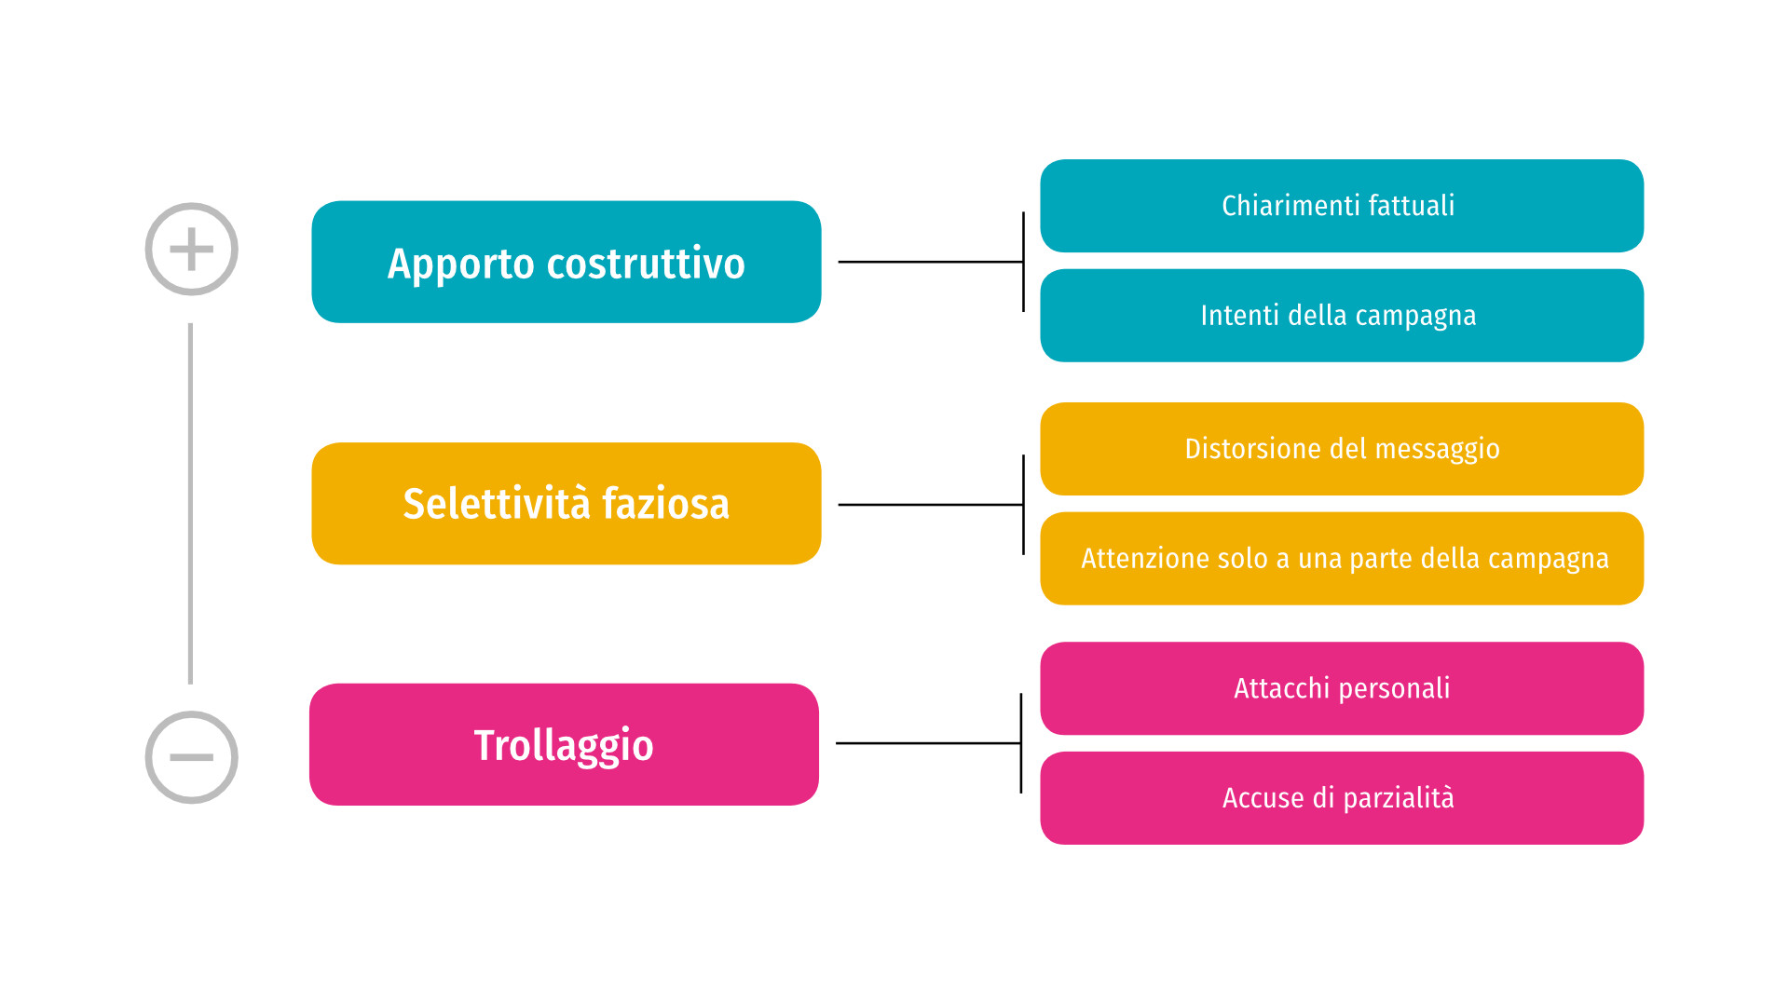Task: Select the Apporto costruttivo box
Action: coord(567,262)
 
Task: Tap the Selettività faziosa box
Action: coord(567,503)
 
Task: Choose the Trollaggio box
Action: coord(564,744)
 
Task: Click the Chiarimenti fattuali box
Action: coord(1342,206)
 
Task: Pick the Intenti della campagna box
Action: coord(1342,316)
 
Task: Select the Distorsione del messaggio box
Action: coord(1342,449)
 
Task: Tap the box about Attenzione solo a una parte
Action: coord(1342,559)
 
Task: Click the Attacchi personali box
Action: coord(1342,688)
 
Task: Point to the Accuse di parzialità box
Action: coord(1342,798)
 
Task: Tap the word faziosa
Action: coord(665,504)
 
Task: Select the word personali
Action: coord(1395,689)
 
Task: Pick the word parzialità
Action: coord(1399,799)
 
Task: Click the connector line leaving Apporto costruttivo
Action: coord(931,262)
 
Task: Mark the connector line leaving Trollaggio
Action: coord(929,743)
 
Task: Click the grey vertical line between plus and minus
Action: coord(191,504)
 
